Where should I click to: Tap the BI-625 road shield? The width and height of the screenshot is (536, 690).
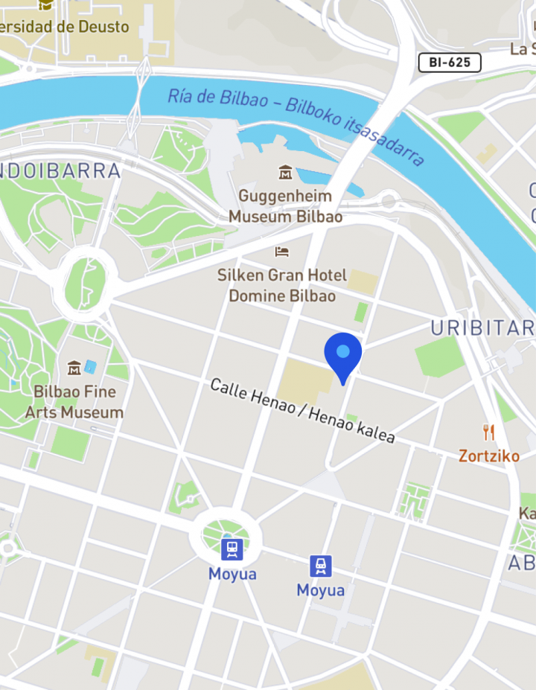point(450,63)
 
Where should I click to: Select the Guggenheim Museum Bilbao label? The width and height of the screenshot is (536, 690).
point(285,206)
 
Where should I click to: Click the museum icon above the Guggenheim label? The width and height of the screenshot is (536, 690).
point(285,173)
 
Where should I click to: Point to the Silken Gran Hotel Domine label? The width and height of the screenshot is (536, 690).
point(281,285)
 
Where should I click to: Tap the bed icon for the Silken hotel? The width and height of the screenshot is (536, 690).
point(281,252)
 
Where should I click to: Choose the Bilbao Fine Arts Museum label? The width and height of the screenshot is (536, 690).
point(74,401)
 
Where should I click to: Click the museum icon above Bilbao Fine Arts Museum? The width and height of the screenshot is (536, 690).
point(74,368)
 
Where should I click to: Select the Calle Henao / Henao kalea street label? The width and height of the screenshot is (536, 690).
point(301,411)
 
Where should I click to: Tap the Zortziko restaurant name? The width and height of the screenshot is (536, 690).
point(488,456)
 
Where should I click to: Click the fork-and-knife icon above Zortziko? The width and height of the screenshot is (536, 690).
point(488,432)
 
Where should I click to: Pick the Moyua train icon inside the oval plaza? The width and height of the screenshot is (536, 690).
point(232,550)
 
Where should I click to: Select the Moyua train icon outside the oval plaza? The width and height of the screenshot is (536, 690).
point(321,566)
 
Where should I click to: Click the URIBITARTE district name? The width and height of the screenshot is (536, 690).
point(482,328)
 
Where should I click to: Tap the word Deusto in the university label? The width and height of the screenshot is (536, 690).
point(103,27)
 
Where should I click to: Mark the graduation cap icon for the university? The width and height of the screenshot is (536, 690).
point(45,4)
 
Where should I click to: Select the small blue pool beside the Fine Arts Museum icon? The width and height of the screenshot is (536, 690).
point(90,367)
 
